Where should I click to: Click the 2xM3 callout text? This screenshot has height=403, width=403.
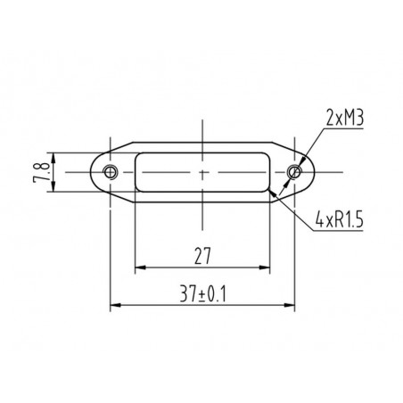(x=345, y=118)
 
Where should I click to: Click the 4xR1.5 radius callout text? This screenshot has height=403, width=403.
(x=340, y=220)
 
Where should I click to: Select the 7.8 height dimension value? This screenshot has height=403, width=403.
(x=42, y=172)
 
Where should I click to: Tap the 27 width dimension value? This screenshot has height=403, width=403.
(x=202, y=256)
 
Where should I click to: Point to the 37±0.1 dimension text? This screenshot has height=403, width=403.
(x=202, y=294)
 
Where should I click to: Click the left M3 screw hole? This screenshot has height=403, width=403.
(x=111, y=171)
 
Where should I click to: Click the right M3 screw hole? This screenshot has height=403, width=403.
(x=294, y=171)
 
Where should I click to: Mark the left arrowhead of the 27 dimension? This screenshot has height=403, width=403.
(x=140, y=267)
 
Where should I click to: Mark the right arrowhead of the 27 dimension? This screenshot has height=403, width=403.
(x=265, y=267)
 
